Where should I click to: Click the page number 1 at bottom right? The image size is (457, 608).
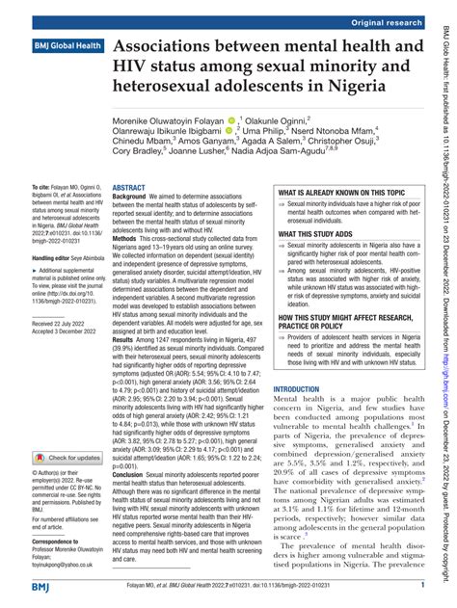[421, 585]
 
